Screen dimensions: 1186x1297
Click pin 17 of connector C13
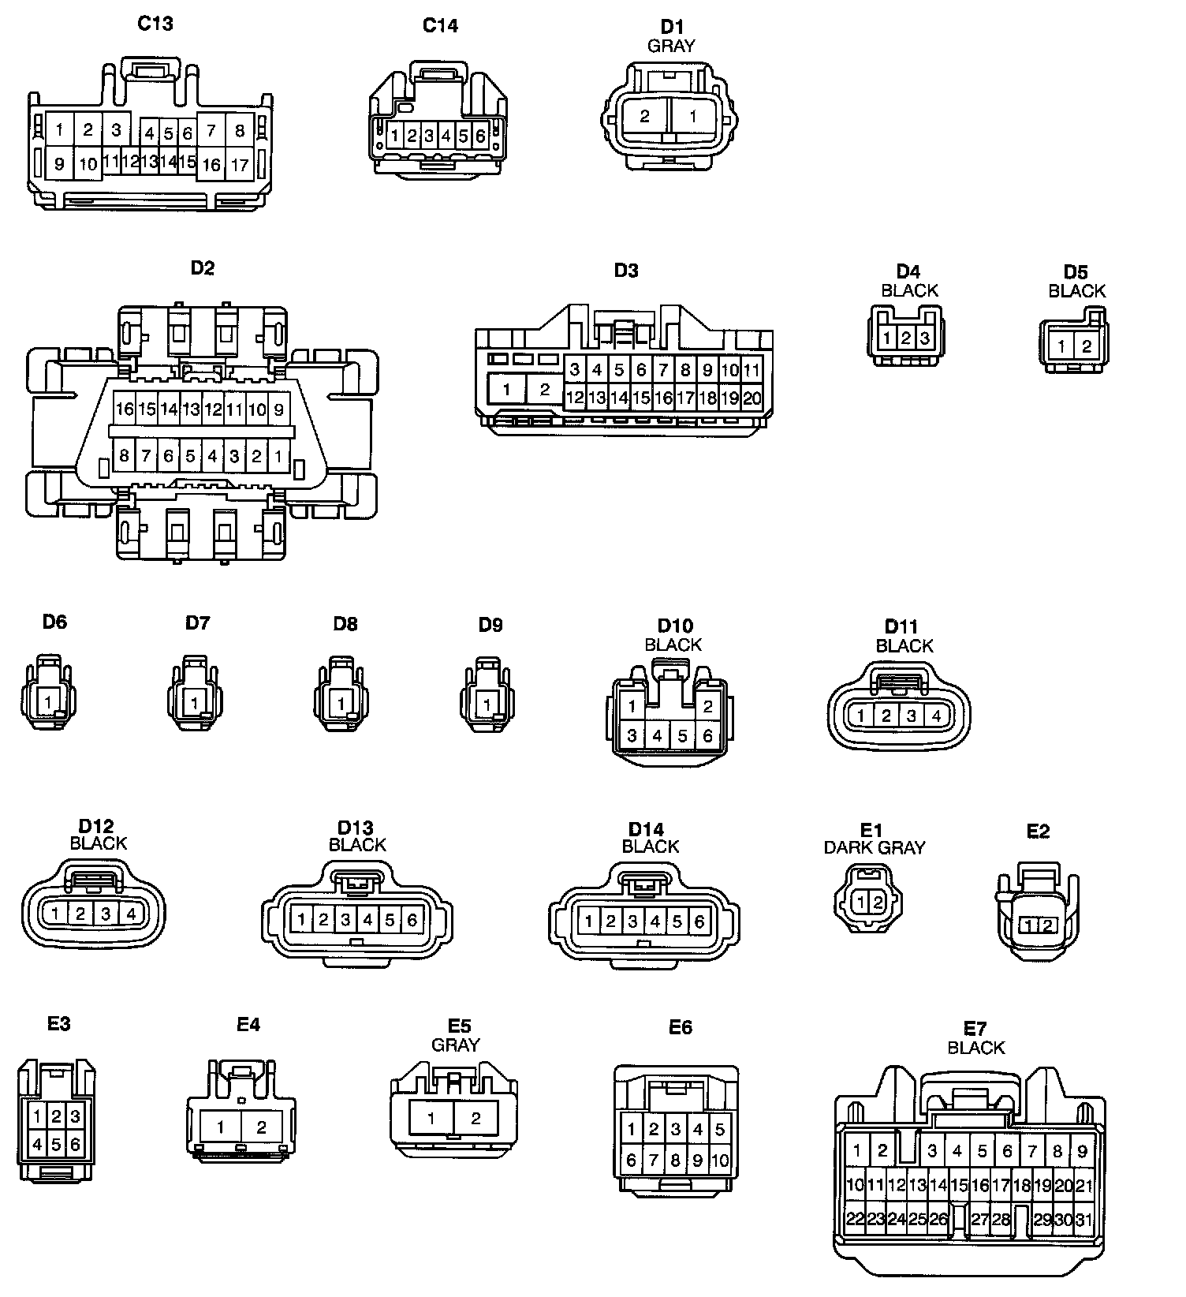[x=239, y=165]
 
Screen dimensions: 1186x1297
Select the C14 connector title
[x=440, y=25]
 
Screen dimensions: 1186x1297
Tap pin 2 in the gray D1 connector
[x=644, y=116]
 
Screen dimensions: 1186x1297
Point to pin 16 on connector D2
[x=125, y=409]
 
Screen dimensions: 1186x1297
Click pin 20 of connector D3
[x=752, y=398]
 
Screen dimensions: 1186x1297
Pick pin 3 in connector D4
[x=925, y=338]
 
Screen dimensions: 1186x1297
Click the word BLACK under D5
[x=1076, y=291]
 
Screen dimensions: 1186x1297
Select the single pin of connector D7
[x=194, y=701]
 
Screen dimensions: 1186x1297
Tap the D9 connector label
[x=490, y=625]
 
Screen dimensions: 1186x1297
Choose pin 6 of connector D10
[x=707, y=735]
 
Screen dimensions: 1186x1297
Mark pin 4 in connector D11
[x=936, y=716]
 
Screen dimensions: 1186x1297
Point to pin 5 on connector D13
[x=390, y=919]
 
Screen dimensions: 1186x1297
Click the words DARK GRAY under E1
[x=874, y=848]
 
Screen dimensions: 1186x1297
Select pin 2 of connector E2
[x=1047, y=925]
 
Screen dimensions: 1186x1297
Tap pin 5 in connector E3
[x=56, y=1142]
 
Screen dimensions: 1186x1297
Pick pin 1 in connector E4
[x=221, y=1127]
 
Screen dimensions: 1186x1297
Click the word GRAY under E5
[x=455, y=1045]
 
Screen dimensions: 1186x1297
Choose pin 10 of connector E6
[x=720, y=1161]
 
